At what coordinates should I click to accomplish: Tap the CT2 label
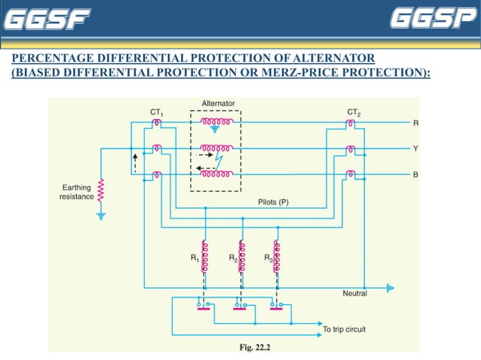coord(354,112)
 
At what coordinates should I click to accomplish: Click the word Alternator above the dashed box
coord(218,102)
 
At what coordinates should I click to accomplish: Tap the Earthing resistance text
coord(77,191)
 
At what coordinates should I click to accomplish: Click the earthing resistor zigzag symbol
coord(101,192)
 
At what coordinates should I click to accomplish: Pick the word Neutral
coord(355,293)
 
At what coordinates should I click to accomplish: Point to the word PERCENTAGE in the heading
coord(50,59)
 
